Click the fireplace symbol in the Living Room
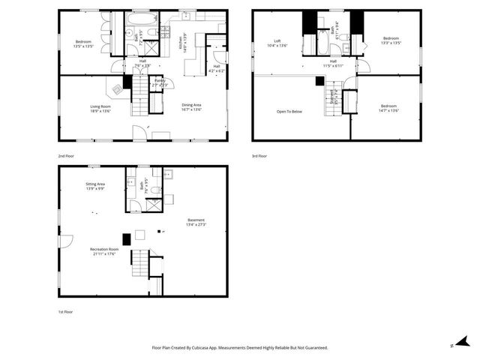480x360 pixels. [118, 89]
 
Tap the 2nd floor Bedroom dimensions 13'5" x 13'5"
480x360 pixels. [83, 46]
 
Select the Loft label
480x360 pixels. [277, 43]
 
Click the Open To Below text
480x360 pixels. [289, 112]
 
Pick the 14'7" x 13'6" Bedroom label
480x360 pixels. [388, 108]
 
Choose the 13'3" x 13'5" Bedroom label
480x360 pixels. [391, 40]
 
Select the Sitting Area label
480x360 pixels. [94, 186]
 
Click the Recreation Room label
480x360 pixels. [104, 250]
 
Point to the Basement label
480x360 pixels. [196, 222]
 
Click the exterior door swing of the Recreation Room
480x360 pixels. [66, 241]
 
